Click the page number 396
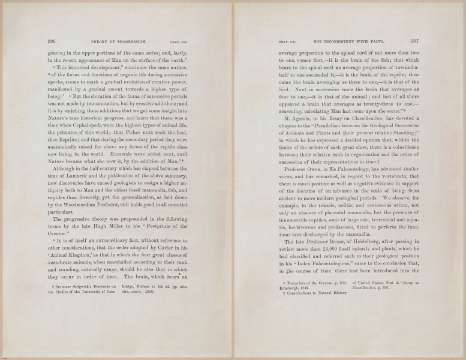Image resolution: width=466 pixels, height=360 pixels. pos(52,42)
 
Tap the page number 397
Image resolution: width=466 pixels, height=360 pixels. pos(413,42)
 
